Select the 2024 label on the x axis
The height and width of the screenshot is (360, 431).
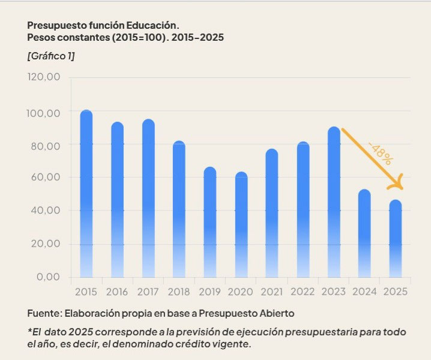[x=364, y=292]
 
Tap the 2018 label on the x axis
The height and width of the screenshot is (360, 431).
[x=179, y=292]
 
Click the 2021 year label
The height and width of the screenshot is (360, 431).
[x=272, y=292]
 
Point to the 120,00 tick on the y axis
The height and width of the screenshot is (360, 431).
[x=44, y=77]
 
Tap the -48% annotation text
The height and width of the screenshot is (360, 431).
[x=381, y=152]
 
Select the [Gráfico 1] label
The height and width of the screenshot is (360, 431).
[x=51, y=56]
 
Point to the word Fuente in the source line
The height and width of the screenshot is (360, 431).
[x=46, y=314]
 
